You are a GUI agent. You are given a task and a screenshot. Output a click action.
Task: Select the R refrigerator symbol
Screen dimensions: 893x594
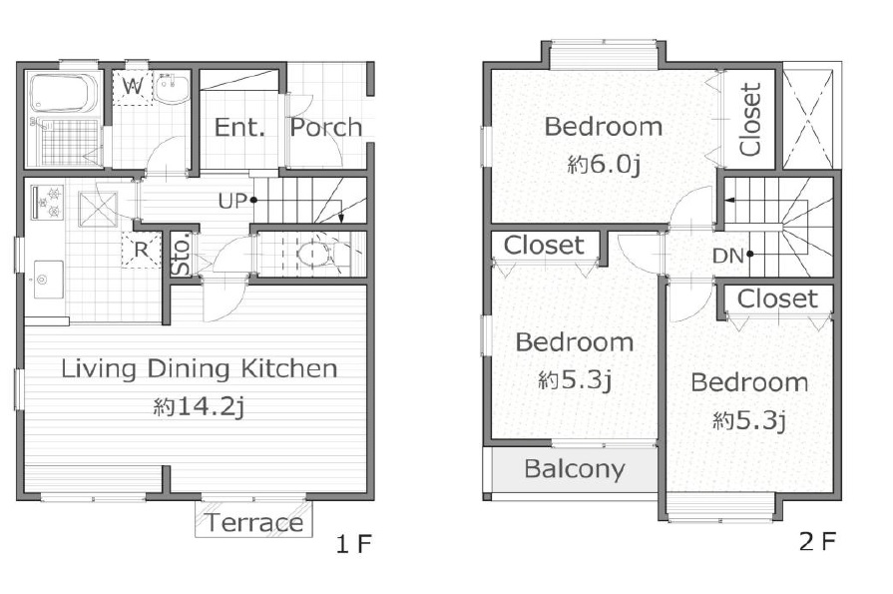coord(141,250)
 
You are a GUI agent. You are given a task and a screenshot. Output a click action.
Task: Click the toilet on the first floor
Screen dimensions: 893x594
coord(312,254)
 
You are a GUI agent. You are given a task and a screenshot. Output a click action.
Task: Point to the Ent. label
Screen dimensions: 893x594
coord(240,127)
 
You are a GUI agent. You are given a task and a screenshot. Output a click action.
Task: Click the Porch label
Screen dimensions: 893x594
coord(326,127)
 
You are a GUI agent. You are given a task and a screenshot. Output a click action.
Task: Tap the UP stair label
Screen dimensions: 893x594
coord(231,201)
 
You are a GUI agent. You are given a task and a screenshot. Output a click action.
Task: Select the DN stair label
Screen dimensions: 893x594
coord(728,256)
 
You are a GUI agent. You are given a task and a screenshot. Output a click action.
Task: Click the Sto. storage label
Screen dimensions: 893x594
coord(182,254)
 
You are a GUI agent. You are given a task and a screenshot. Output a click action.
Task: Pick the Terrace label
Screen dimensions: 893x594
coord(254,522)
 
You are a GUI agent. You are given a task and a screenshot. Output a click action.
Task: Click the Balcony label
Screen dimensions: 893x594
coord(574,468)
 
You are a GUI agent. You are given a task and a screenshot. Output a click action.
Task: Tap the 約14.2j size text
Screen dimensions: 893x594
coord(200,406)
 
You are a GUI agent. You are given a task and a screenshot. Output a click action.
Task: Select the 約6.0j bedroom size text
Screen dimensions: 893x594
coord(604,165)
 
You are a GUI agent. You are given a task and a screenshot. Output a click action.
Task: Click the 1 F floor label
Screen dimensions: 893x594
coord(353,544)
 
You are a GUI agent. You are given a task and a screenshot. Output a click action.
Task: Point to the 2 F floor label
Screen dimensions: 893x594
coord(817,541)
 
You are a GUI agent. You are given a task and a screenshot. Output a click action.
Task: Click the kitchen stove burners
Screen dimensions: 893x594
coord(46,202)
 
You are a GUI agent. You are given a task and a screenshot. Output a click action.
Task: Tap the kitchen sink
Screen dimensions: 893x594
coord(48,280)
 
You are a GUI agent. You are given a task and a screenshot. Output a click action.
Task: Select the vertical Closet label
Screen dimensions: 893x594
coord(751,119)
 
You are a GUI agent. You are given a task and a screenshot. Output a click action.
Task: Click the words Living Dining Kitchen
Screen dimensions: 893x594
coord(200,368)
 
